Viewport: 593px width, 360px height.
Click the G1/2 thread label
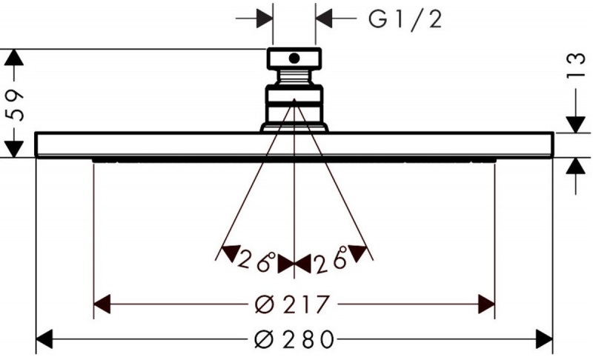click(x=405, y=19)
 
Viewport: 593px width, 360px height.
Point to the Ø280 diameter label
click(x=294, y=339)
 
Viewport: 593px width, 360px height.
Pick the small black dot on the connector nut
click(x=294, y=59)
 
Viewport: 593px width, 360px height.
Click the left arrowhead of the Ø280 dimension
click(x=44, y=339)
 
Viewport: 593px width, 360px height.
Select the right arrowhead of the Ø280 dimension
click(x=545, y=339)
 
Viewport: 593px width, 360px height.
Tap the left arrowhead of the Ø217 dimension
click(x=102, y=304)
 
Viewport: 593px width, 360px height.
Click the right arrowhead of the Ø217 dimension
click(x=486, y=304)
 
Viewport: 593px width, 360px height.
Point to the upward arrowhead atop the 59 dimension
click(x=13, y=58)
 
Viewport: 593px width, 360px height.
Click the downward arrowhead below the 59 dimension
click(x=13, y=149)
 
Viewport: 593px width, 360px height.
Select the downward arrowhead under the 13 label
click(x=576, y=124)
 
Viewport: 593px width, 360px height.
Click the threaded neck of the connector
click(x=294, y=78)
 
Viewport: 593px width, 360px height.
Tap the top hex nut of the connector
click(x=294, y=59)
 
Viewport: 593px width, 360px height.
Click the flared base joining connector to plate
click(x=294, y=127)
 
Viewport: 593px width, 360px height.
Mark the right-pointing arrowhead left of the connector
click(x=265, y=18)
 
